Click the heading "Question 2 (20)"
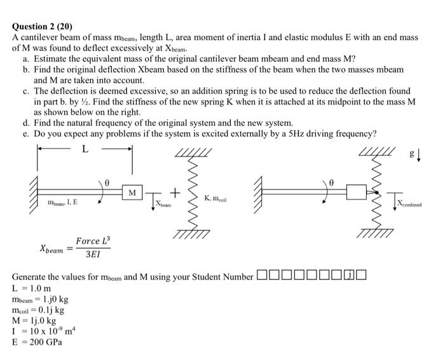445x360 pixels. tap(43, 27)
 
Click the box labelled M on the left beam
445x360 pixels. tap(132, 191)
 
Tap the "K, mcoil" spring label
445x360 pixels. tap(216, 199)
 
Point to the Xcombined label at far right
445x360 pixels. tap(412, 204)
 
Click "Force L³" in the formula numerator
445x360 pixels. tap(93, 241)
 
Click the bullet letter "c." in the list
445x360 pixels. tap(25, 92)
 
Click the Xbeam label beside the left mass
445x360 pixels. tap(164, 202)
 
